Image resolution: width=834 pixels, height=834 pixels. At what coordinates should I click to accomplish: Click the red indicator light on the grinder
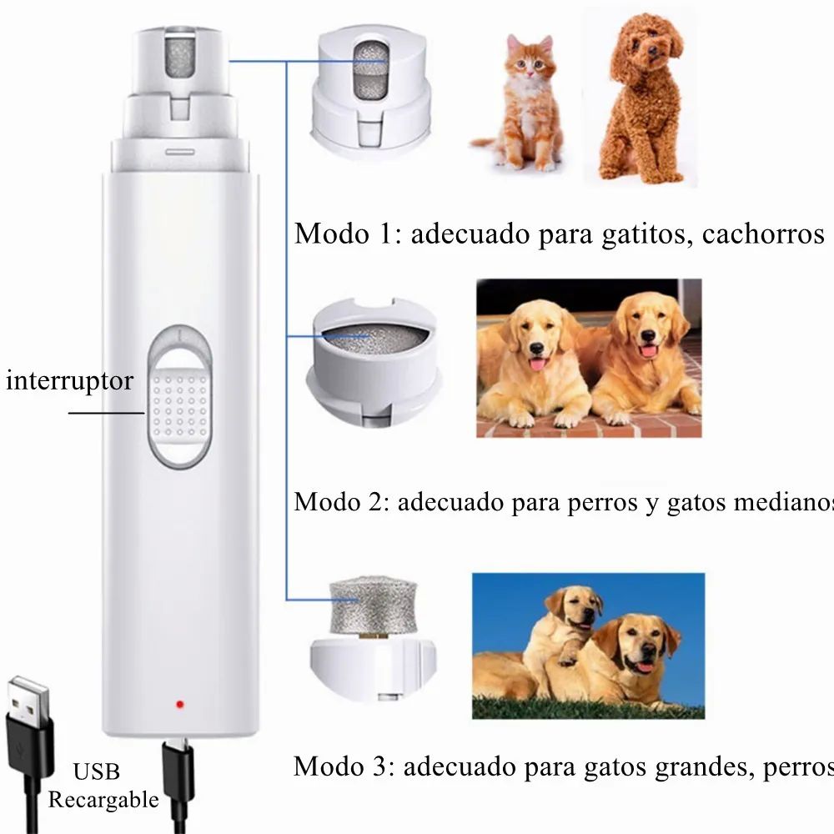coord(178,706)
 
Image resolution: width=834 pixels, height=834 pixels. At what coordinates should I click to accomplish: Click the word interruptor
coord(69,381)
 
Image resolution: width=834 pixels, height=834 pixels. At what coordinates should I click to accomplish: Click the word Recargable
coord(103,801)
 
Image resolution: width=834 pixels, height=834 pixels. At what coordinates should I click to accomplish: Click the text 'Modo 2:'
coord(341,503)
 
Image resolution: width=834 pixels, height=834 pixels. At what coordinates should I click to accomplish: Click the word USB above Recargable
coord(96,771)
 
